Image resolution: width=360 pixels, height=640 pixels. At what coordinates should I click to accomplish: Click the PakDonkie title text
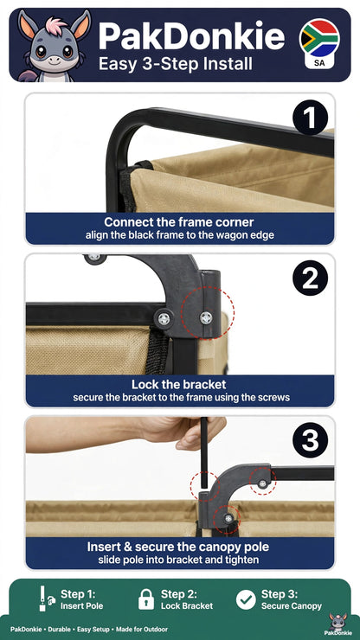pyautogui.click(x=191, y=36)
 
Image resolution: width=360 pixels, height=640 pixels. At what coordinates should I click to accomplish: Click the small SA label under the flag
pyautogui.click(x=319, y=63)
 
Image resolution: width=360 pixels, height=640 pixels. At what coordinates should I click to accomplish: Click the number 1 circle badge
pyautogui.click(x=310, y=117)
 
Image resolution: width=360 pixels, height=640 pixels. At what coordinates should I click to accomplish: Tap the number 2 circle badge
pyautogui.click(x=310, y=278)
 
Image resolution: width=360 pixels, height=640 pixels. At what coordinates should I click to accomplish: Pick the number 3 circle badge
pyautogui.click(x=310, y=440)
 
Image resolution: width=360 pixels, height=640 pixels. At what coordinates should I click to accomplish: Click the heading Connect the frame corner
pyautogui.click(x=179, y=222)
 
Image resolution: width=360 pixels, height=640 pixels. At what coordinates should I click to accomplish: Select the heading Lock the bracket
pyautogui.click(x=178, y=385)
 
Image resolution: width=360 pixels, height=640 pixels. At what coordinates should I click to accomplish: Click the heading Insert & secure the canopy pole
pyautogui.click(x=178, y=547)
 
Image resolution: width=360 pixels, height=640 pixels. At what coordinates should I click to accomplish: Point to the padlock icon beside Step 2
pyautogui.click(x=146, y=599)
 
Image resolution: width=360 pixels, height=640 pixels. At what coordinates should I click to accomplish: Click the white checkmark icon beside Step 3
pyautogui.click(x=246, y=599)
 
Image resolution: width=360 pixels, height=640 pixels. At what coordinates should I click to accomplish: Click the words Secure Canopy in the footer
pyautogui.click(x=292, y=606)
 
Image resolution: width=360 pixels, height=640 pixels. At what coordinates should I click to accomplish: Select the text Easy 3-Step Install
pyautogui.click(x=176, y=65)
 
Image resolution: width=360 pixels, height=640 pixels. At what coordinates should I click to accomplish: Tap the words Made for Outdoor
pyautogui.click(x=141, y=630)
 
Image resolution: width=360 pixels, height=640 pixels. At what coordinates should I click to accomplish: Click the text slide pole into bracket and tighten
pyautogui.click(x=178, y=560)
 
